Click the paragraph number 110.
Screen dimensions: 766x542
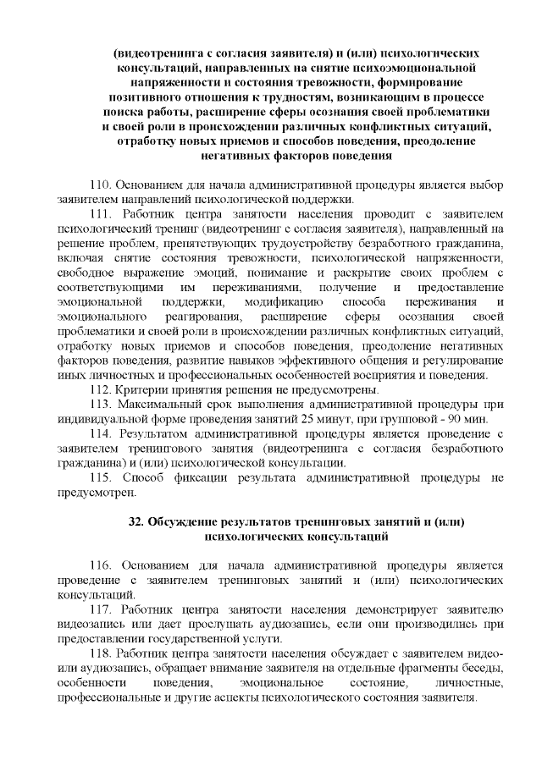coord(101,185)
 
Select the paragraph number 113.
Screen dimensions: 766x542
coord(101,405)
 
